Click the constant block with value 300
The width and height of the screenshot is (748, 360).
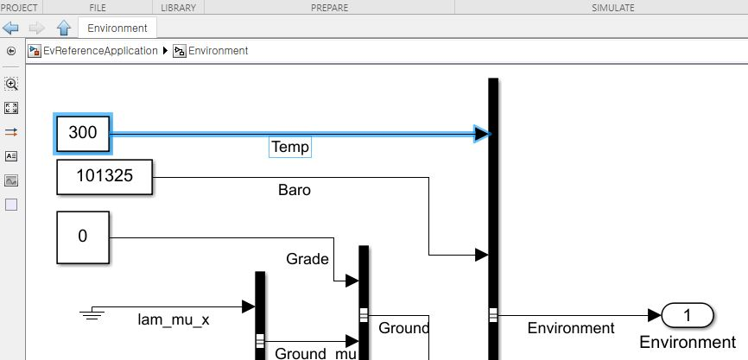point(83,133)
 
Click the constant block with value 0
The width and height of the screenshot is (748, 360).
point(83,237)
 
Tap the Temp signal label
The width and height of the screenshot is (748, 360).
point(289,147)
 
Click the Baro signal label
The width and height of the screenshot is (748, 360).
point(294,189)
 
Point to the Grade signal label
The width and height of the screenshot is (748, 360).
point(307,258)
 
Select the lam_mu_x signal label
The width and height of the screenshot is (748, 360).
point(174,320)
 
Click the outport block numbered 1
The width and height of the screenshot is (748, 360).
point(688,316)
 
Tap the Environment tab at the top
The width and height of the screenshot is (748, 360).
point(117,28)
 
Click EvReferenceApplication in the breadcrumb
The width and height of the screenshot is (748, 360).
point(100,51)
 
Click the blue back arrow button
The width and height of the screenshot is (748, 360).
point(11,28)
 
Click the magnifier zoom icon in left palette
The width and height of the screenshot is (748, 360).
point(11,84)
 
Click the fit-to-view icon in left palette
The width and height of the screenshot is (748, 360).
point(11,108)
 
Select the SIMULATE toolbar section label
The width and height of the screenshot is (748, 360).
point(612,8)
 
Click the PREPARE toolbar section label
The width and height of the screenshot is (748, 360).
point(329,8)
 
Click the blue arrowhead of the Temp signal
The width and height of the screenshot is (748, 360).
point(482,133)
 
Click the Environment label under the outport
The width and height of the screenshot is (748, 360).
point(688,343)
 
